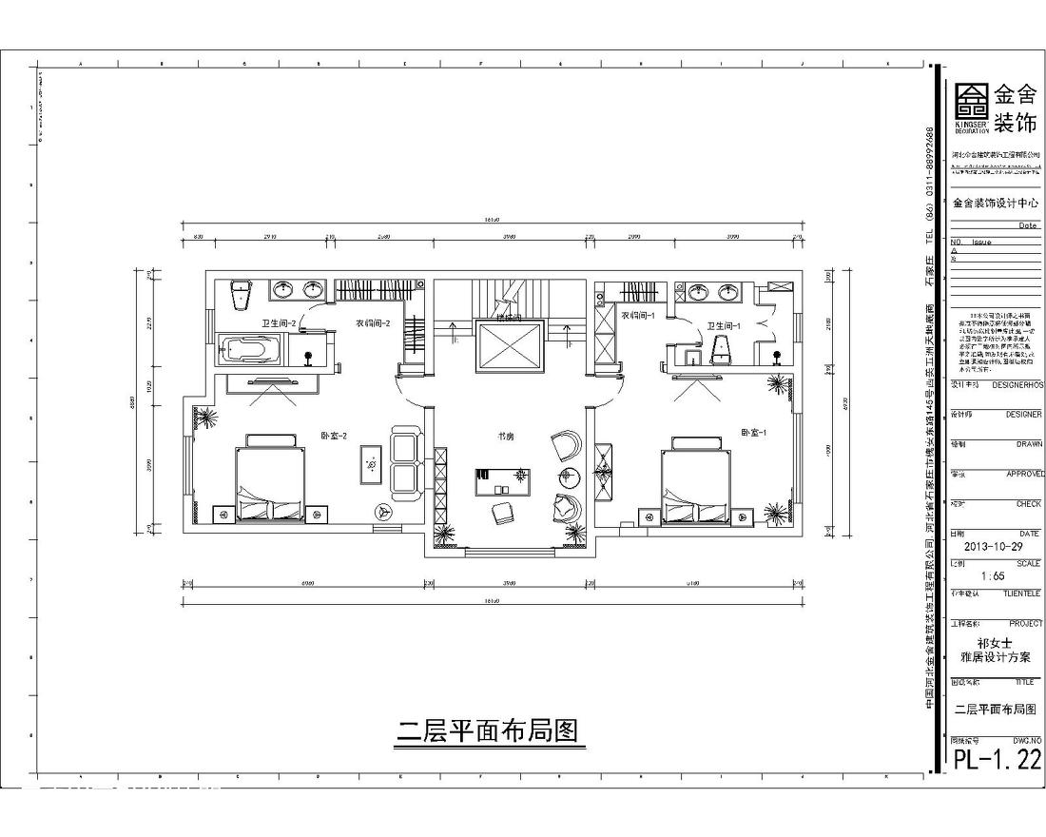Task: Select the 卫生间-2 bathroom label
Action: point(280,324)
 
